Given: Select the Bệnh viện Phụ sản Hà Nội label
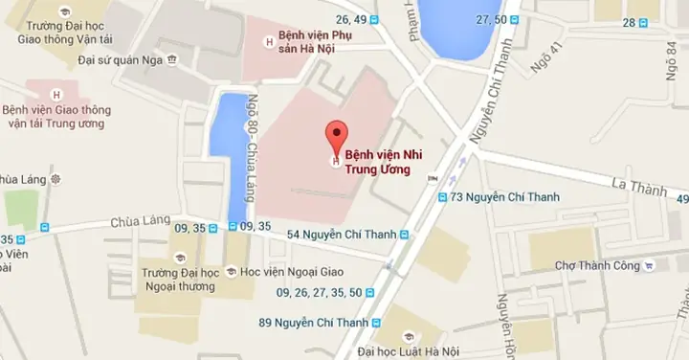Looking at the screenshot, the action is pyautogui.click(x=310, y=41).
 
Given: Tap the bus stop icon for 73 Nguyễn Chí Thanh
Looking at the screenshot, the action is pyautogui.click(x=442, y=198).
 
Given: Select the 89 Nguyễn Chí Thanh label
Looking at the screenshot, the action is pyautogui.click(x=313, y=323).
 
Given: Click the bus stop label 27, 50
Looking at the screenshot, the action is pyautogui.click(x=491, y=19).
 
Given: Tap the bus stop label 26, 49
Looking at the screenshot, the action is pyautogui.click(x=351, y=19).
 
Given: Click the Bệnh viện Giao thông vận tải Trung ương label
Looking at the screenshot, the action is pyautogui.click(x=57, y=117).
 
